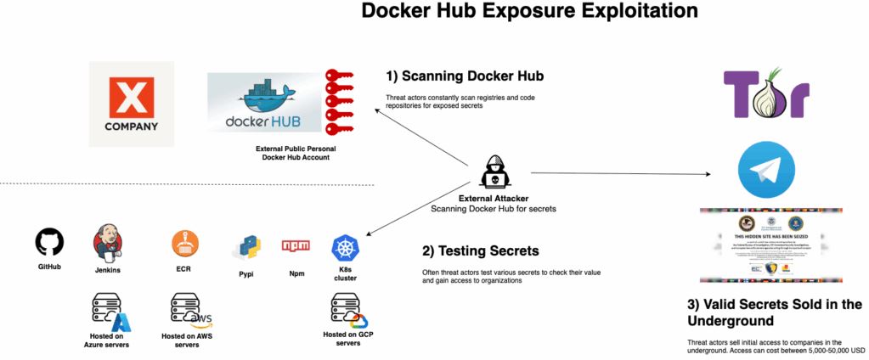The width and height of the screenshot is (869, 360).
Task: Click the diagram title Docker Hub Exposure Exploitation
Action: point(529,12)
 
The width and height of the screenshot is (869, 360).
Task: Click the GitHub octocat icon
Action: point(49,243)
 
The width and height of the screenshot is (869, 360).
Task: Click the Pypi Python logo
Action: point(245,249)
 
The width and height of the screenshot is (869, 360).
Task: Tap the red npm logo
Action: point(296,246)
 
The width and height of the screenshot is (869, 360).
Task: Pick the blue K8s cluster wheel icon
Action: point(345,249)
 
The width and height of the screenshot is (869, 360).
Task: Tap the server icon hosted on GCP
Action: point(347,309)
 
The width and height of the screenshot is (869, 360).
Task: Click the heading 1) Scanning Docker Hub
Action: point(465,76)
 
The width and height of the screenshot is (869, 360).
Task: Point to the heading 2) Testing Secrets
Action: point(480,251)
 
